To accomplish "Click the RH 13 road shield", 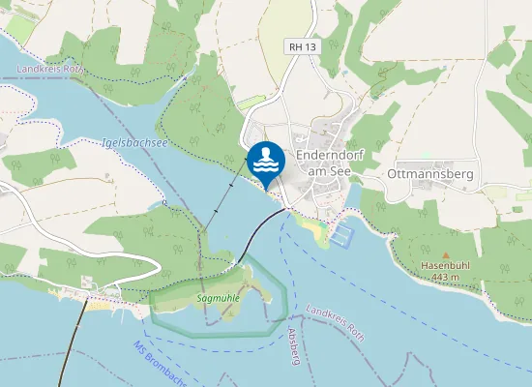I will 302,46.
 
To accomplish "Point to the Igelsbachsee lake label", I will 134,143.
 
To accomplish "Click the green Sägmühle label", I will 219,299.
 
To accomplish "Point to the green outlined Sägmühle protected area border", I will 286,290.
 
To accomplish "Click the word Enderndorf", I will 329,154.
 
